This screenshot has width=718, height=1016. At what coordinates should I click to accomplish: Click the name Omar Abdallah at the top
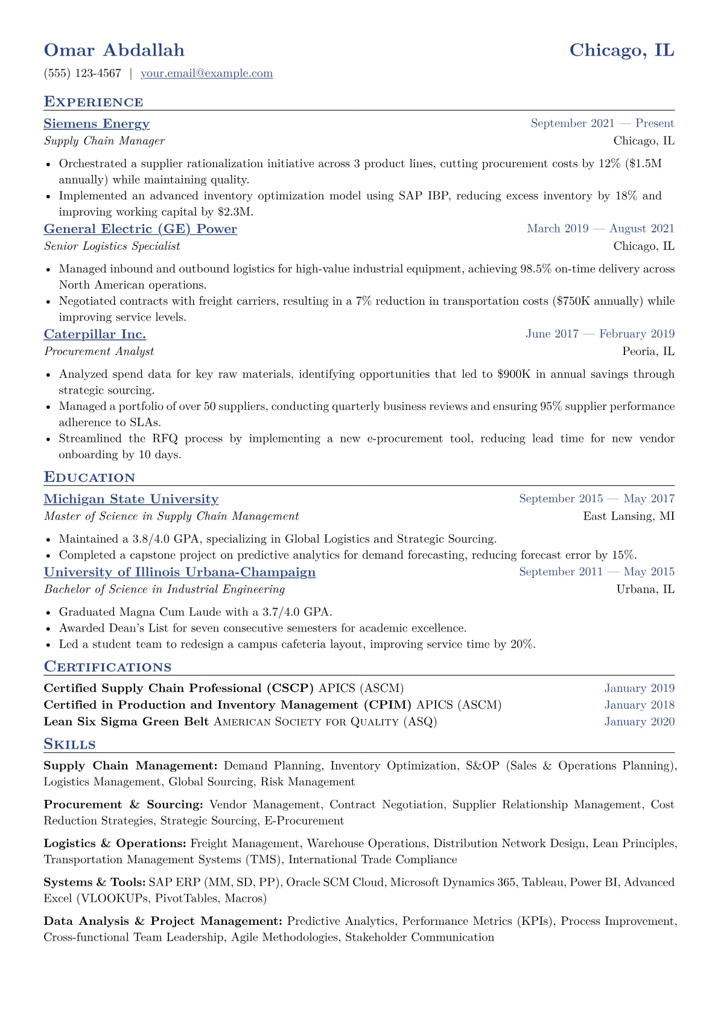point(114,50)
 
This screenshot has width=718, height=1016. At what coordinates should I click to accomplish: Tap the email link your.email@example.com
point(206,74)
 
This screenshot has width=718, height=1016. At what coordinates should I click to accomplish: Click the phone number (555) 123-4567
point(83,74)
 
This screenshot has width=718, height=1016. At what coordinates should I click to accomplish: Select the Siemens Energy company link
point(97,124)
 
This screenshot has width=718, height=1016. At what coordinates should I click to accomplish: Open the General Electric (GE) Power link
point(140,229)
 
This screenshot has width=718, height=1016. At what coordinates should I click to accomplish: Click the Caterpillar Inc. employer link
point(95,334)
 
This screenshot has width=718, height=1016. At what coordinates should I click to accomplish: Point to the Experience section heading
point(94,102)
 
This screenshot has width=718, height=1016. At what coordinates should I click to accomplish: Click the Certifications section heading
point(107,667)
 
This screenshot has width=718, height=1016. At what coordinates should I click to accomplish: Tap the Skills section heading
point(69,744)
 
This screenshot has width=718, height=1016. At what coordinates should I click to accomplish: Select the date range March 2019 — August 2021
point(600,229)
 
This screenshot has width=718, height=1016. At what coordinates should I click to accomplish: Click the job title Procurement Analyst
point(99,351)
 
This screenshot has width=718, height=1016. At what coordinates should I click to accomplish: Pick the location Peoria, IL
point(648,351)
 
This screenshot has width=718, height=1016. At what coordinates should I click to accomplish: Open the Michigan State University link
point(131,499)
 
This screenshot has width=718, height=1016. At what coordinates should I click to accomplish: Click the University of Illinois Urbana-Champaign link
point(179,572)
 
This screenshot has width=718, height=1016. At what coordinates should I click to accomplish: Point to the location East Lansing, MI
point(629,516)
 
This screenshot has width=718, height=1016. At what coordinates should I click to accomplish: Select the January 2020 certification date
point(639,722)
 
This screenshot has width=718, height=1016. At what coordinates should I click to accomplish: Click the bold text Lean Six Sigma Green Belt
point(126,722)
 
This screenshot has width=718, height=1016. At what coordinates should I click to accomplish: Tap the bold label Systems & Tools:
point(94,883)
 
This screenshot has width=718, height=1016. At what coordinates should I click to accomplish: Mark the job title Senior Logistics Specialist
point(112,246)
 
